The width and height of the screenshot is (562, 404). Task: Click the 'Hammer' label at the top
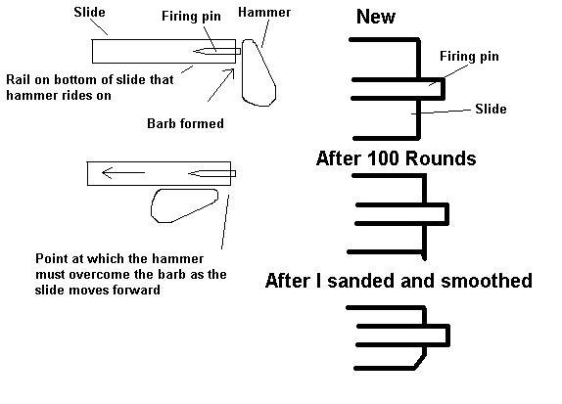point(264,12)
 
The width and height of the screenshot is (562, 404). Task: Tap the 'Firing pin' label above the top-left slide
point(191,16)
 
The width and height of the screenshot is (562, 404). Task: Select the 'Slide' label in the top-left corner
point(89,12)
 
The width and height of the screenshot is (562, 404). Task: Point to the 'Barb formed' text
point(185,123)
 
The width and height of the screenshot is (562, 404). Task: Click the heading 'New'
point(376,17)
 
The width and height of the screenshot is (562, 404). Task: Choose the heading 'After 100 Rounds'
point(397,157)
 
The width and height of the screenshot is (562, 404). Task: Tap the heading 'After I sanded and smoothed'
point(398,281)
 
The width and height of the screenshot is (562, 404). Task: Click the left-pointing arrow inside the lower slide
point(123,172)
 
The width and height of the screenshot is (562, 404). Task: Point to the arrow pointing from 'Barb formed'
point(221,85)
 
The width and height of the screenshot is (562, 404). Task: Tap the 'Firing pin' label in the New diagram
point(469,56)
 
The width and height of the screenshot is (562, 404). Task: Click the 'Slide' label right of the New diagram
point(491,109)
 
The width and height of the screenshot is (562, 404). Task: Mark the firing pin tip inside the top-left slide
point(193,51)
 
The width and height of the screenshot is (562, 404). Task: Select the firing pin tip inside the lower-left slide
point(189,174)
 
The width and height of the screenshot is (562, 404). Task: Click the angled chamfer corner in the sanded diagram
point(420,362)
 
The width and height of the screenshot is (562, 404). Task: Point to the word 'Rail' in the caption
point(18,79)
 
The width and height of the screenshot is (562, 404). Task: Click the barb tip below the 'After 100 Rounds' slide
point(425,258)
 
